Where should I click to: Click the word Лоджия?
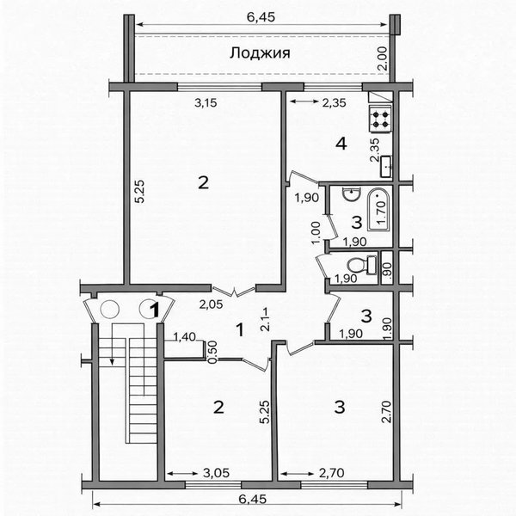[x=260, y=53]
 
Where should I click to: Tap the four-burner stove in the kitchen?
[x=381, y=119]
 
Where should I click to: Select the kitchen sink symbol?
[x=386, y=167]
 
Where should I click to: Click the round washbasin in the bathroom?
[x=352, y=193]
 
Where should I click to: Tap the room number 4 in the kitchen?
[x=341, y=144]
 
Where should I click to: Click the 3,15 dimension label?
[x=206, y=103]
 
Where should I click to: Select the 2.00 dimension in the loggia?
[x=383, y=58]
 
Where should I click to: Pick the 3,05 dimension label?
[x=216, y=473]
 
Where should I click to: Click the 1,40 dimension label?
[x=184, y=336]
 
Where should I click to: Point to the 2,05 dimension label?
[x=211, y=304]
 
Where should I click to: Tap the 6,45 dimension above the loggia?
[x=261, y=17]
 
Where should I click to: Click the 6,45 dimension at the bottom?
[x=253, y=499]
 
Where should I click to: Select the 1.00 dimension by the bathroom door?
[x=316, y=232]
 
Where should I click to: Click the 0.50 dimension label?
[x=213, y=352]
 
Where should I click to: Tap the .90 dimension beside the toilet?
[x=388, y=269]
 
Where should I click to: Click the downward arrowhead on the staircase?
[x=112, y=362]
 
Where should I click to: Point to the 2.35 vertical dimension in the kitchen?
[x=375, y=150]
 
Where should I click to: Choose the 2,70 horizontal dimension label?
[x=332, y=473]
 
